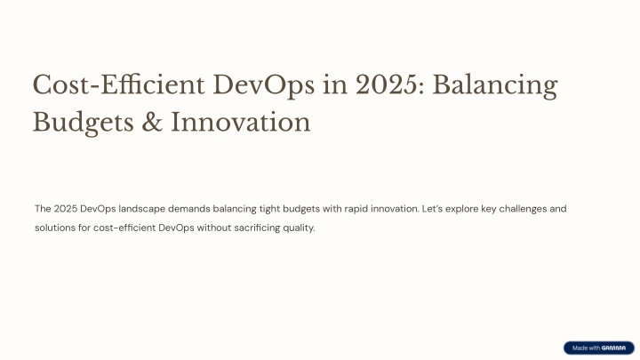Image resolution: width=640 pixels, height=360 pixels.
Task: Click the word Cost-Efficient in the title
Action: (x=118, y=85)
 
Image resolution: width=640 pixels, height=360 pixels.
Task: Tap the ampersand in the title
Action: (x=152, y=123)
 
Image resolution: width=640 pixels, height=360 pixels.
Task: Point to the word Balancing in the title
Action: (x=495, y=85)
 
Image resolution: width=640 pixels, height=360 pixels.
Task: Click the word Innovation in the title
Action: (x=240, y=123)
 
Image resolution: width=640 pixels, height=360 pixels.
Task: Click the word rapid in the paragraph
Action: (x=356, y=209)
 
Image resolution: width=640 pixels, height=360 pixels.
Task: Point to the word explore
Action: (x=461, y=209)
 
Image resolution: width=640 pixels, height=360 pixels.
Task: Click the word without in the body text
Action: (x=214, y=228)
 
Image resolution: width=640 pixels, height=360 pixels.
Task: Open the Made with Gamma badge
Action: (x=599, y=348)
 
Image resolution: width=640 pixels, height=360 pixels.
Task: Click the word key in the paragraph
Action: (x=488, y=209)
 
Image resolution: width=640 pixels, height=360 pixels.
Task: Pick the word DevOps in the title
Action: (x=264, y=85)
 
